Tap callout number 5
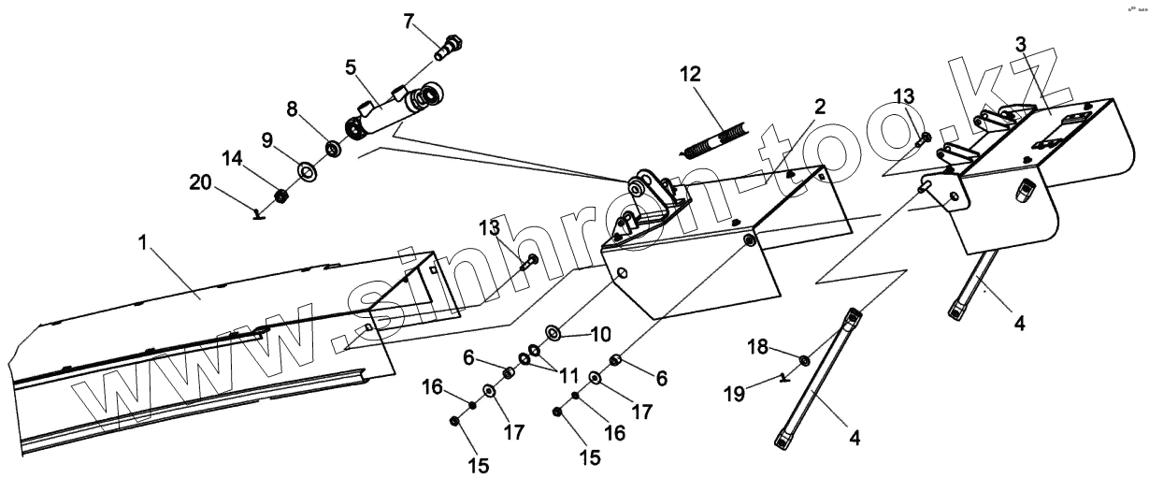pos(351,67)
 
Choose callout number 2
pos(819,107)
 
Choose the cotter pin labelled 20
pos(260,213)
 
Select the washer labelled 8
pos(331,148)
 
